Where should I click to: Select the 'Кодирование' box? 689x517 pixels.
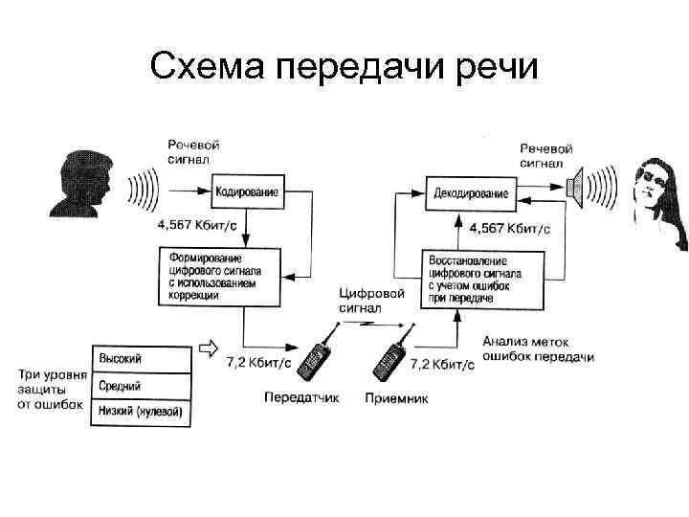[247, 192]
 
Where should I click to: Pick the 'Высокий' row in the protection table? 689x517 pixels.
[142, 358]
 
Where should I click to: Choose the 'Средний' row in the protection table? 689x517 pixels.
[142, 386]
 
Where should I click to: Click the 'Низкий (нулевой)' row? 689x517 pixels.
[142, 413]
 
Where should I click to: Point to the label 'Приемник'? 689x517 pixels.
[397, 396]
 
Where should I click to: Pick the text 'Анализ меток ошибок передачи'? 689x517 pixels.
[537, 349]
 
